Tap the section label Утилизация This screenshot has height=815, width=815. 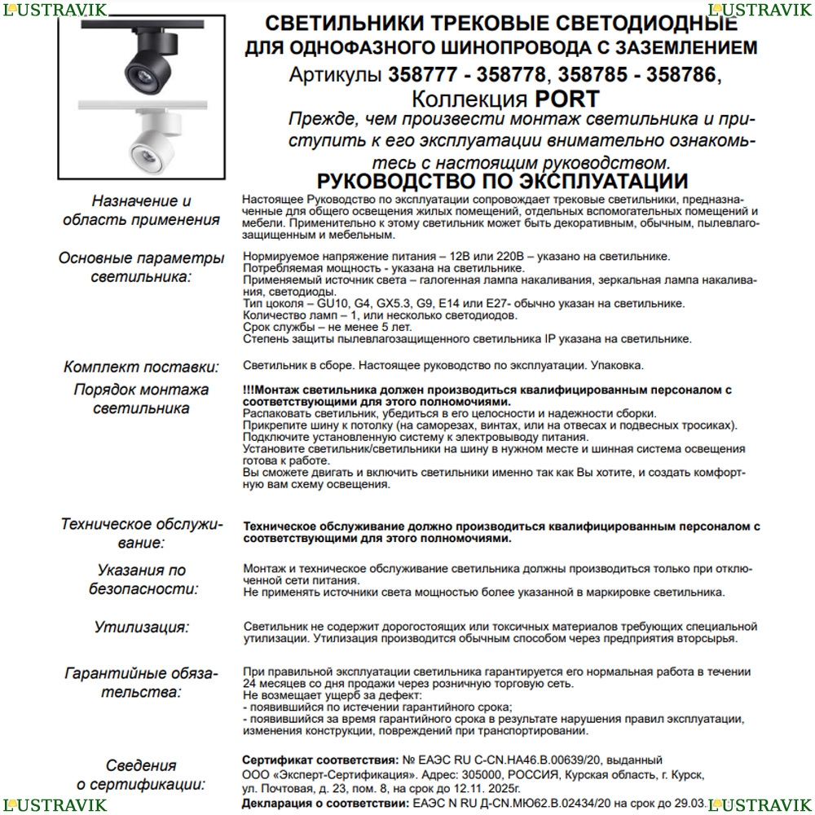tap(141, 628)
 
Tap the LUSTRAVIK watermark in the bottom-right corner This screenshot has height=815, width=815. tap(761, 804)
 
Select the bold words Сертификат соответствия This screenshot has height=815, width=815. tap(312, 760)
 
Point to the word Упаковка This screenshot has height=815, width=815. tap(618, 366)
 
